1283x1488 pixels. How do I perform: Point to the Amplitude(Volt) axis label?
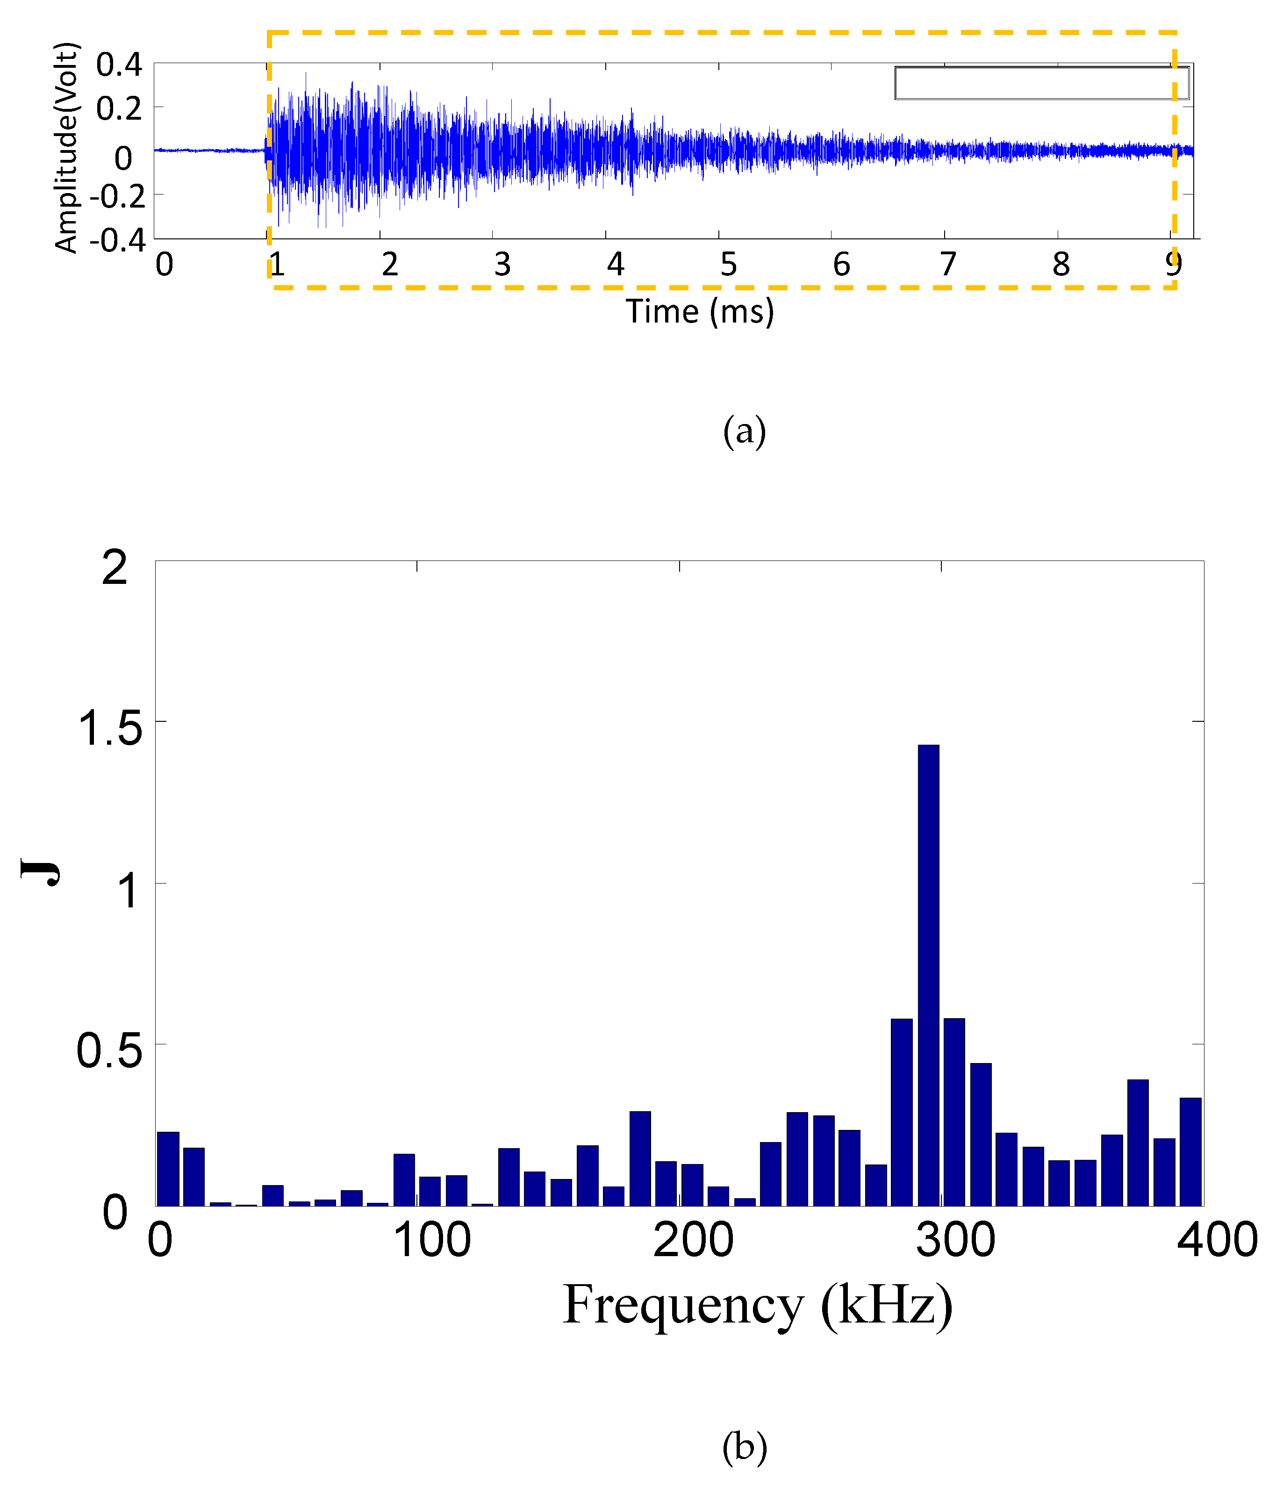[66, 148]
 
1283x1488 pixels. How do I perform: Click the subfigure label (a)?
[745, 431]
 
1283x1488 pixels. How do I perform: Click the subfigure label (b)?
[745, 1447]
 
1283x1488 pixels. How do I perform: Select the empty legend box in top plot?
[1041, 83]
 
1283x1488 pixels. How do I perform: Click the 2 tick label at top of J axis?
[115, 568]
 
